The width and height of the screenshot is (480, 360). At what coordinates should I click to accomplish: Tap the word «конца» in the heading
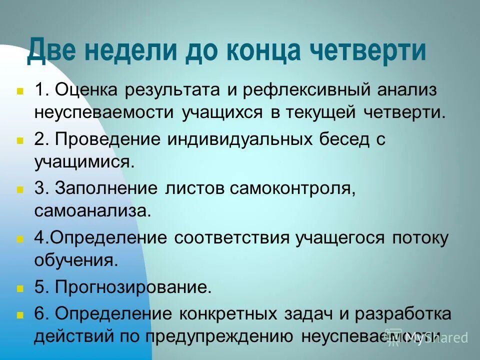[264, 51]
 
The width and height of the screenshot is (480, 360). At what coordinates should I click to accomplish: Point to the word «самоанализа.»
[92, 210]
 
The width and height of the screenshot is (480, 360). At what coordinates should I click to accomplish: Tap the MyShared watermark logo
[428, 337]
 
